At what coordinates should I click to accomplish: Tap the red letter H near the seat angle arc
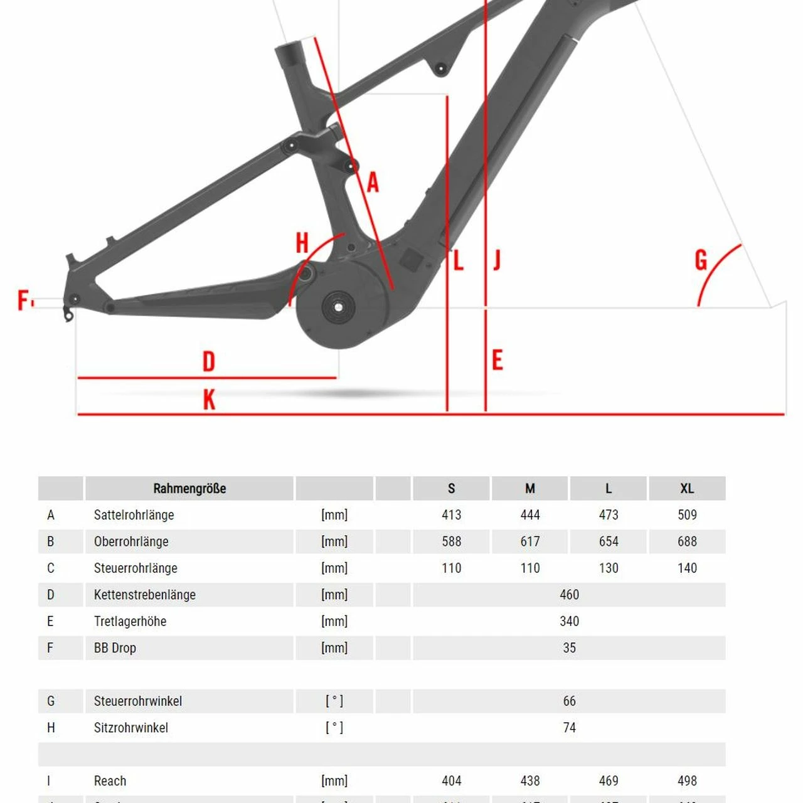[302, 243]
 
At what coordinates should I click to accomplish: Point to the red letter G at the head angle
[701, 260]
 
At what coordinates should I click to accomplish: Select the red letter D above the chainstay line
[209, 362]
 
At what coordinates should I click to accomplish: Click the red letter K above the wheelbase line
[209, 400]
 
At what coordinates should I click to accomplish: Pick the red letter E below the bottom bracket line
[497, 361]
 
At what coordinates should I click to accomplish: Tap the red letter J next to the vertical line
[497, 260]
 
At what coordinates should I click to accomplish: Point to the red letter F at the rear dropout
[23, 300]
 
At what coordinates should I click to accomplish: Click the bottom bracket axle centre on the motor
[338, 307]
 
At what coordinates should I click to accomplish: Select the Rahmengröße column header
[189, 489]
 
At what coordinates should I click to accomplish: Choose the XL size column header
[687, 489]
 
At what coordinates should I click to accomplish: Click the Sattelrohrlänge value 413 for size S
[451, 515]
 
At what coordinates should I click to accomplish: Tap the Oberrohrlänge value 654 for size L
[609, 541]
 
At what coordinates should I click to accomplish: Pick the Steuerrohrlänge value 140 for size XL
[687, 568]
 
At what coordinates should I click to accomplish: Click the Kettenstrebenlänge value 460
[569, 595]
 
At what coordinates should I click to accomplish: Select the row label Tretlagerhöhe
[130, 622]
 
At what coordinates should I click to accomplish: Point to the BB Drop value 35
[569, 648]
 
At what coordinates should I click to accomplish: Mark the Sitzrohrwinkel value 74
[569, 728]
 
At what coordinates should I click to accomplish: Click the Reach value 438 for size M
[530, 781]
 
